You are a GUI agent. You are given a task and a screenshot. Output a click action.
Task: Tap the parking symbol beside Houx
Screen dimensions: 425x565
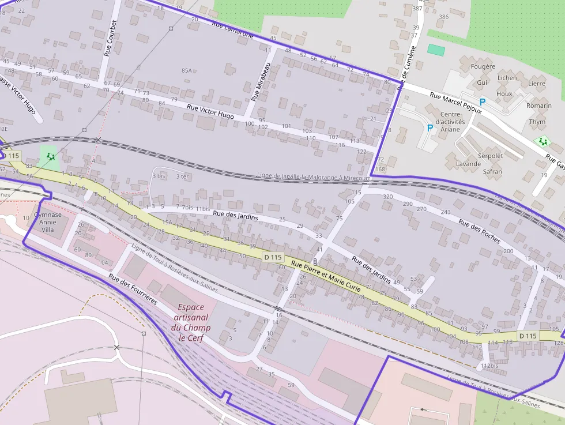(483, 101)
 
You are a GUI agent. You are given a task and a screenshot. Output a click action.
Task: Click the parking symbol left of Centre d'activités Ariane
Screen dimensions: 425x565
(429, 128)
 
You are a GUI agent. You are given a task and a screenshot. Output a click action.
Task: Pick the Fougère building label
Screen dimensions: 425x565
(483, 66)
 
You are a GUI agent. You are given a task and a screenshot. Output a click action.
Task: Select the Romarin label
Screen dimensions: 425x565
(538, 106)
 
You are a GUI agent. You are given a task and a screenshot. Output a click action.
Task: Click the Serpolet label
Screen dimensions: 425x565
(491, 156)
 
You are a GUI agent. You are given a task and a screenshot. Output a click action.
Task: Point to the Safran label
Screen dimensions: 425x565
(492, 171)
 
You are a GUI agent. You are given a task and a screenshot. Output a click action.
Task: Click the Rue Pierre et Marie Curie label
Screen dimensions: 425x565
(326, 275)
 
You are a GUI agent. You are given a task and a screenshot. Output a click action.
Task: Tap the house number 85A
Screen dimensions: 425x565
(186, 70)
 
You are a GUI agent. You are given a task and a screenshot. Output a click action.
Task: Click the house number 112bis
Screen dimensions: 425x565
(489, 366)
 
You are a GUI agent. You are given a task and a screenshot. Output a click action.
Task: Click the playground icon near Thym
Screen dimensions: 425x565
(542, 141)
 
